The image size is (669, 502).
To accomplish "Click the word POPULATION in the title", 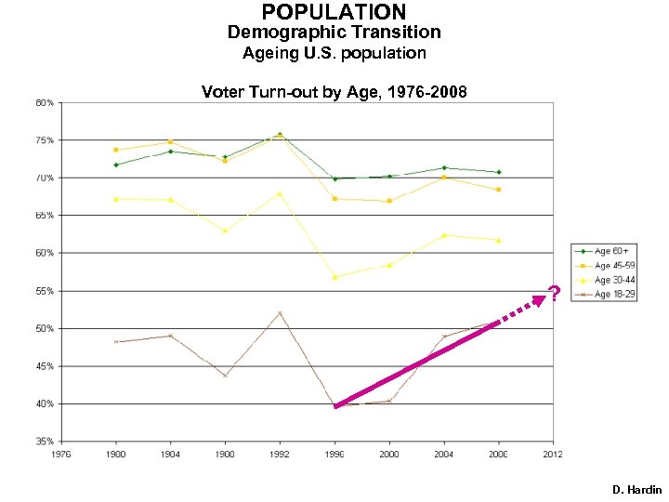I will (x=334, y=12).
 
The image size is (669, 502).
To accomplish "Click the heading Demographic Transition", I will (x=334, y=33).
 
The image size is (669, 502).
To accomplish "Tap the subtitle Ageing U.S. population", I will (x=334, y=53).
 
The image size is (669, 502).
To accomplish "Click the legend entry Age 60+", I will (x=614, y=251).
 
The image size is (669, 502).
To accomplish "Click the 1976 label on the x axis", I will (x=61, y=455).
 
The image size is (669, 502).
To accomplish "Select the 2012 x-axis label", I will (x=554, y=455).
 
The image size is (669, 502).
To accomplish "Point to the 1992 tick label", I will (x=280, y=455).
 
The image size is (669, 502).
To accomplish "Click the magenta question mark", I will (x=554, y=295).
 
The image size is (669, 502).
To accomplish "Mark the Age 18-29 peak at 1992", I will (x=280, y=313).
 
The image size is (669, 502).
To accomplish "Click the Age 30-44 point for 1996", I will (x=334, y=277).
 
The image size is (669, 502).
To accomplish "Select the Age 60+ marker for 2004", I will (x=444, y=168).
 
